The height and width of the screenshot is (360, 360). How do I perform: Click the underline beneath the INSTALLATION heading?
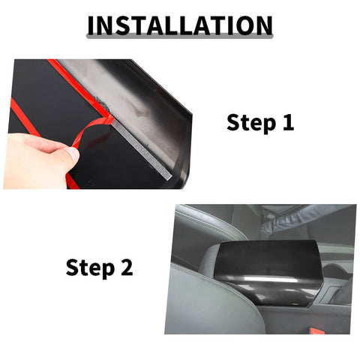[180, 37]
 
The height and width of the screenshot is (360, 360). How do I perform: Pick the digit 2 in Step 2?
[127, 267]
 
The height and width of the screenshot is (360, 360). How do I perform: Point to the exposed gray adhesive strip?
[142, 146]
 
